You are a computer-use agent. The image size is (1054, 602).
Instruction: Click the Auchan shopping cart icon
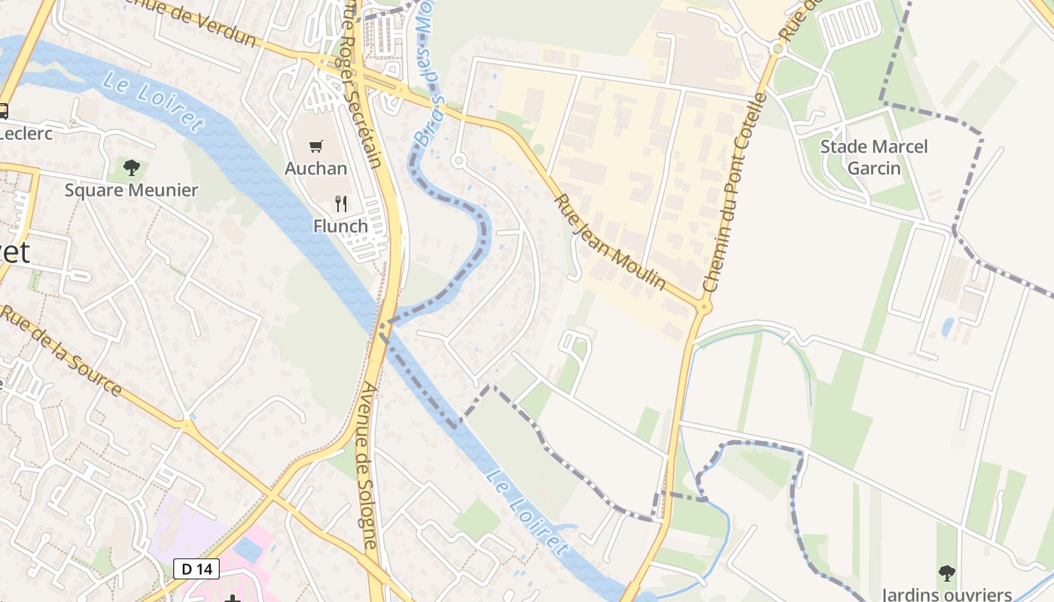click(x=316, y=146)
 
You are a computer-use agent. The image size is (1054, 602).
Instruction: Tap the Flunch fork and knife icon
click(x=341, y=203)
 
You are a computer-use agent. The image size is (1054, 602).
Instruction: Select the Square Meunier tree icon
click(x=132, y=167)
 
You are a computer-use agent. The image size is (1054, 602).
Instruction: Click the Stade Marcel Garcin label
click(x=874, y=157)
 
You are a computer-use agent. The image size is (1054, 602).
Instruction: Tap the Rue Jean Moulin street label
click(x=610, y=242)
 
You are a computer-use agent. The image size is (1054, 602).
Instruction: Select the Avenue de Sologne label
click(x=368, y=467)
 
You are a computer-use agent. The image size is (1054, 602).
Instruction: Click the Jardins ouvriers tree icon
click(x=946, y=574)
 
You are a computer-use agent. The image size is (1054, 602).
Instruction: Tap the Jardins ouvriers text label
click(x=946, y=594)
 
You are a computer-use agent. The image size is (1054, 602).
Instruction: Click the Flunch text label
click(x=340, y=226)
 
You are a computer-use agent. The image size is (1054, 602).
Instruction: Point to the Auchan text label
click(x=316, y=168)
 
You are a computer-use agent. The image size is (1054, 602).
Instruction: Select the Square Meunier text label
click(x=131, y=190)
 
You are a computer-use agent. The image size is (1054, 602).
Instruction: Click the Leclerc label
click(x=25, y=133)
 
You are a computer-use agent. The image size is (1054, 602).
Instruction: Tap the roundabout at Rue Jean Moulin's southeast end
click(x=704, y=306)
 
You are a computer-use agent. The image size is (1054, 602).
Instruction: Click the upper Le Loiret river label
click(x=154, y=102)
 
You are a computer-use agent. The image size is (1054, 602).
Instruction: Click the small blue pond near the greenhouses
click(x=947, y=327)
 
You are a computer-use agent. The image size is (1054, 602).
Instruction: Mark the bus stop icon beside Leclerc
click(x=3, y=111)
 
